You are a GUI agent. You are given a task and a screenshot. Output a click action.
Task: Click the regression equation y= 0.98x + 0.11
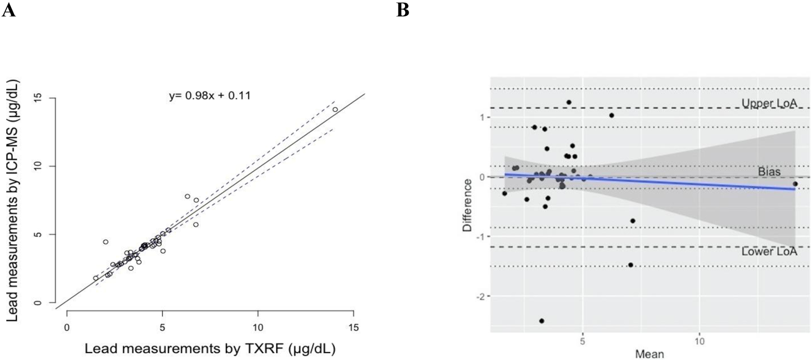pos(210,96)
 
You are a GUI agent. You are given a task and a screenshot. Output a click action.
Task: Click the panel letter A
pos(9,10)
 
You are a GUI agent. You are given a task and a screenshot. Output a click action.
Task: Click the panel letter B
pos(402,10)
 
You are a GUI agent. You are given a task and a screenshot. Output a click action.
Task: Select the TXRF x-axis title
pos(210,349)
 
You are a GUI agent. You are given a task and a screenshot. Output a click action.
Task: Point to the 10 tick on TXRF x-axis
pos(258,328)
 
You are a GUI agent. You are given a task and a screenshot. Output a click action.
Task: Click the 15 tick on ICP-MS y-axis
pos(38,98)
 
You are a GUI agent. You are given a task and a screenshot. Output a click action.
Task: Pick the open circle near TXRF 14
pos(335,109)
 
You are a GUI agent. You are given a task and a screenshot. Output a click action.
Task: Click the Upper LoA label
pos(769,103)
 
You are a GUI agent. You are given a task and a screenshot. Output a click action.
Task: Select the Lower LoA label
pos(769,251)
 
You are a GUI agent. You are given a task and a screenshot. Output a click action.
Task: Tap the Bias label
pos(769,172)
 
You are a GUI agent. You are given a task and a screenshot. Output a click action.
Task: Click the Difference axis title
pos(467,205)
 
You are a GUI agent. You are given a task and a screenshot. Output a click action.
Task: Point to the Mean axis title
pos(649,354)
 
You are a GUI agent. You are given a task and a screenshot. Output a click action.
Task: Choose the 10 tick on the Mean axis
pos(699,342)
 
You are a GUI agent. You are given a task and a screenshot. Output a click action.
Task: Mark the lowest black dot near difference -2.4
pos(542,321)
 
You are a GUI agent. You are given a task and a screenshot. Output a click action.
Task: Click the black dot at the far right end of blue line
pos(795,184)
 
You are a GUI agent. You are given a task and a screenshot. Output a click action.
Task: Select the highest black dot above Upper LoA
pos(569,102)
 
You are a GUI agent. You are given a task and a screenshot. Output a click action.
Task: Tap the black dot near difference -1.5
pos(630,265)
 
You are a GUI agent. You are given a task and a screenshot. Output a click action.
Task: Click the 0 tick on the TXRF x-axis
pos(67,328)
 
